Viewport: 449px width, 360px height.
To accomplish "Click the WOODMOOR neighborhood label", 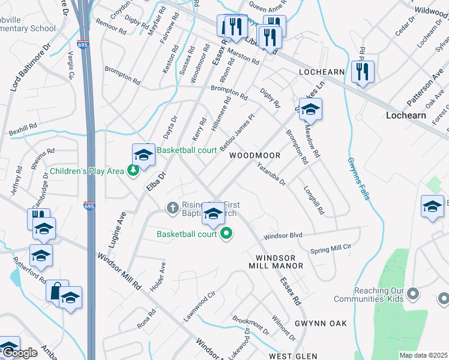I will (x=255, y=155).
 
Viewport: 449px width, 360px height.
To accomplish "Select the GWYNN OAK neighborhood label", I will (x=321, y=323).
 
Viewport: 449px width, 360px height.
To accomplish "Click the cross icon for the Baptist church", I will (x=172, y=208).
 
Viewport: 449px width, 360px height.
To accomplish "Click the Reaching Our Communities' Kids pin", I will (x=412, y=294).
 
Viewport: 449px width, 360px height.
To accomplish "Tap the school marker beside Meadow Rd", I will (x=311, y=110).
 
